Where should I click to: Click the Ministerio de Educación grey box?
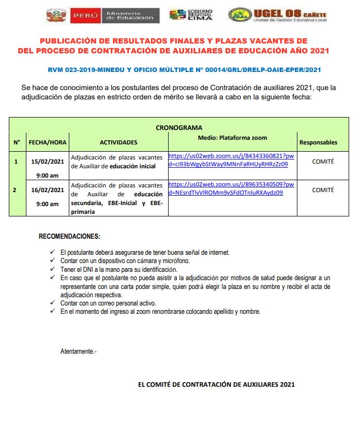(x=129, y=15)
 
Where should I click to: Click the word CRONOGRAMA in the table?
(x=179, y=127)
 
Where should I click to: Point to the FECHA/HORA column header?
(x=47, y=142)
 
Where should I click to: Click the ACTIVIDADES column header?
(x=118, y=142)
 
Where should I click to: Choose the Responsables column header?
(x=318, y=142)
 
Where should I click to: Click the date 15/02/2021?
(x=48, y=162)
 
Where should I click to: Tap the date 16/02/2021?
(x=48, y=190)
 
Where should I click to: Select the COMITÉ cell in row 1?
(x=323, y=162)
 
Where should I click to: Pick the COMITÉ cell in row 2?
(x=323, y=190)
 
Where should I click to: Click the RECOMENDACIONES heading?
(x=69, y=237)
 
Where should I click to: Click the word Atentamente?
(x=78, y=352)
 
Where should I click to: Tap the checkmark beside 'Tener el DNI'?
(x=52, y=269)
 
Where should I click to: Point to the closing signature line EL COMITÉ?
(x=216, y=385)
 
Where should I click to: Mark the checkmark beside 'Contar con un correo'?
(x=52, y=303)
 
